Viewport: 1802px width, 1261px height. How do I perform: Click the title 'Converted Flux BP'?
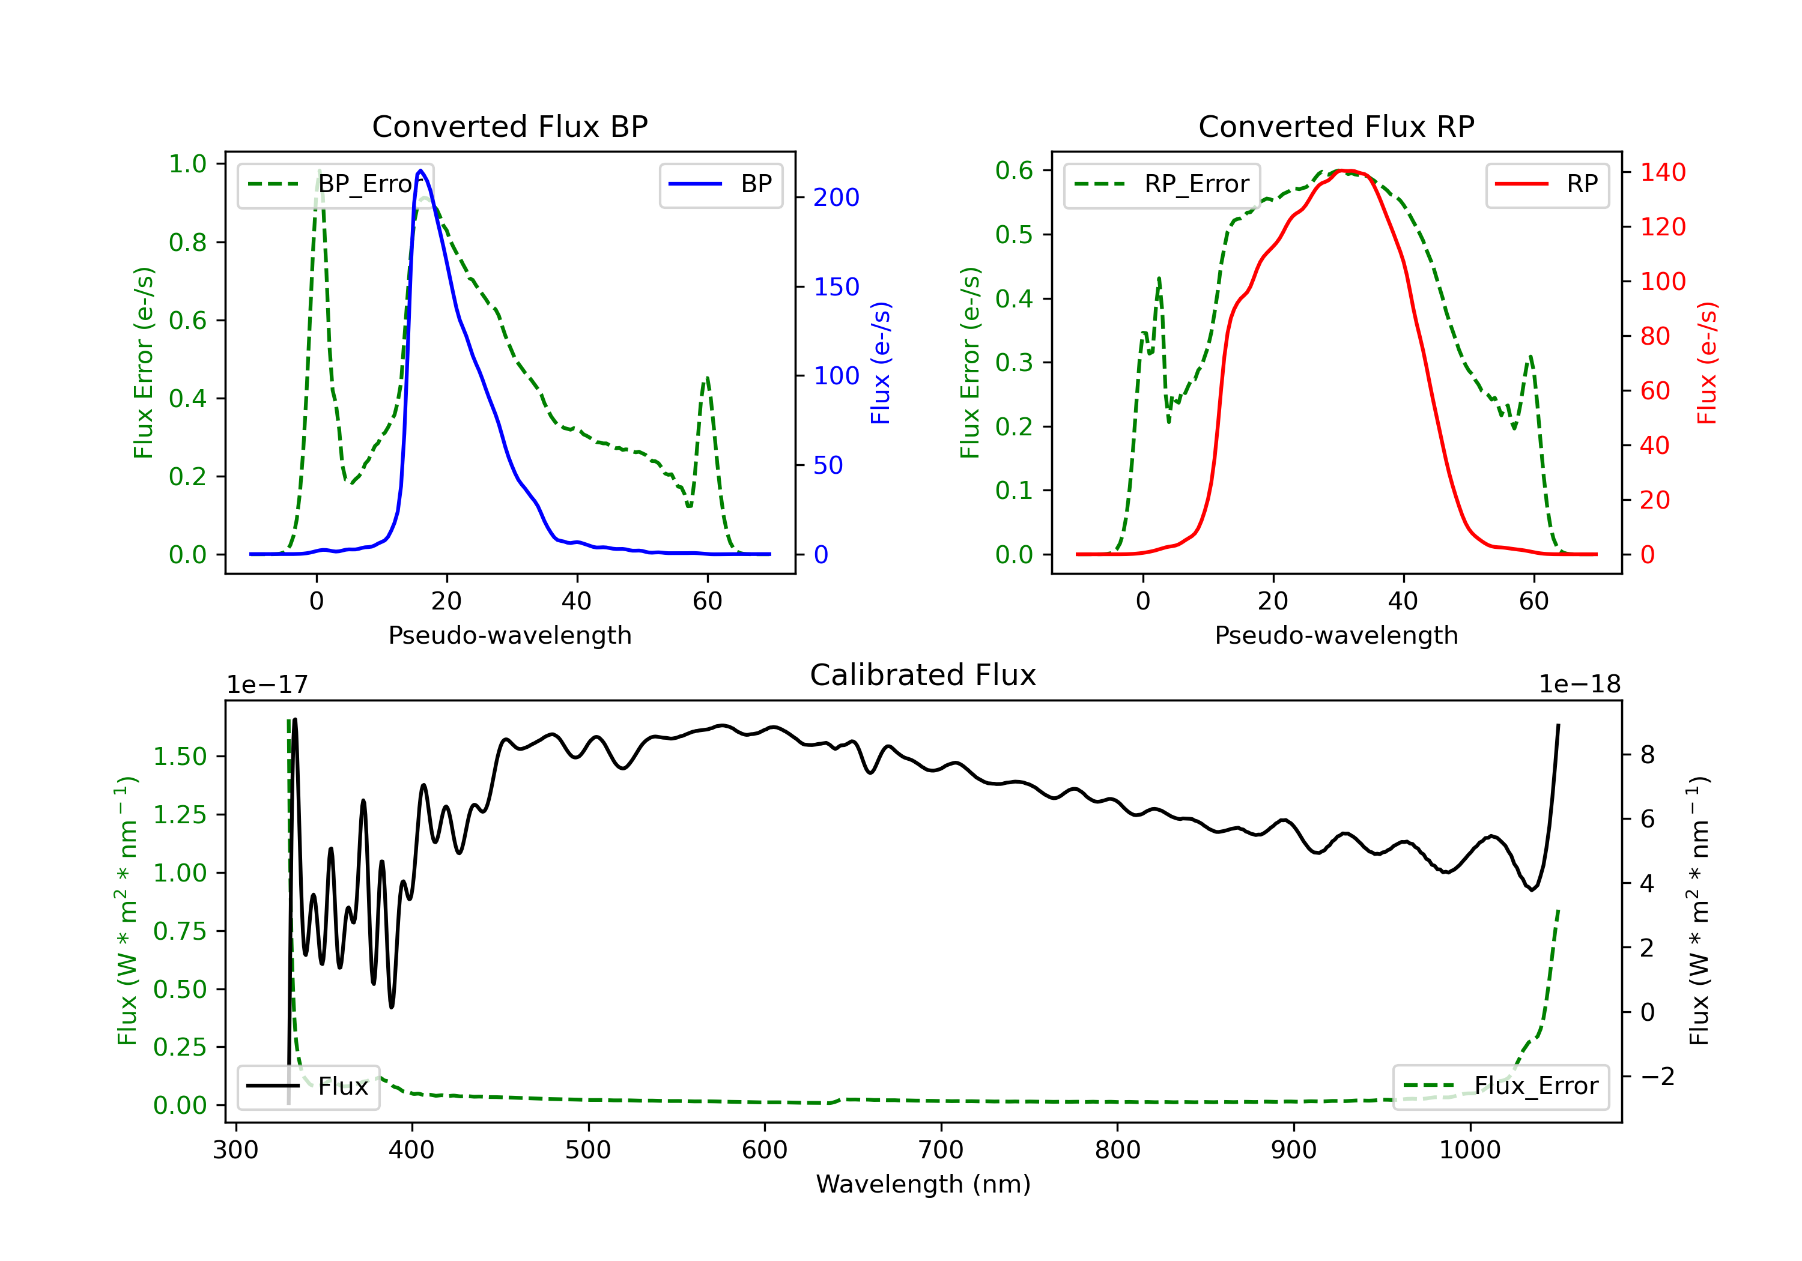pyautogui.click(x=509, y=126)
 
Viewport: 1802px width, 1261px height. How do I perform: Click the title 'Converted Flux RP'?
pyautogui.click(x=1336, y=126)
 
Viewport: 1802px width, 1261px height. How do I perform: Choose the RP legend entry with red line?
pyautogui.click(x=1547, y=184)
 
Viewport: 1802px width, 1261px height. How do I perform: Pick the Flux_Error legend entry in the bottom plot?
pyautogui.click(x=1500, y=1086)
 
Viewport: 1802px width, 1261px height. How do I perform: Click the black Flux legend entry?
pyautogui.click(x=309, y=1086)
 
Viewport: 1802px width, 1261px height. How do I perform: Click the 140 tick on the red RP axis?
pyautogui.click(x=1662, y=172)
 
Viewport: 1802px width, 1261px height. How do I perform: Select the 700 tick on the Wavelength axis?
pyautogui.click(x=940, y=1151)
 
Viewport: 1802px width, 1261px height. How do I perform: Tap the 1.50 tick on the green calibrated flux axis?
pyautogui.click(x=179, y=757)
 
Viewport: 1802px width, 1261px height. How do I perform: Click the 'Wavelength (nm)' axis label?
pyautogui.click(x=923, y=1184)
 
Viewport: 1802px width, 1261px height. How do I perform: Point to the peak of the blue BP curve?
pyautogui.click(x=420, y=171)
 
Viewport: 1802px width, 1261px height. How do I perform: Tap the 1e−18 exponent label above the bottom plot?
pyautogui.click(x=1579, y=685)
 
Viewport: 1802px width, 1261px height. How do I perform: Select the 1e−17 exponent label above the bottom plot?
pyautogui.click(x=267, y=685)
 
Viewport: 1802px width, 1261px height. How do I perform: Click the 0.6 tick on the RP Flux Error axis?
pyautogui.click(x=1013, y=171)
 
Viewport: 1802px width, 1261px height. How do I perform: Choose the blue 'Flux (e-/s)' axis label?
pyautogui.click(x=881, y=363)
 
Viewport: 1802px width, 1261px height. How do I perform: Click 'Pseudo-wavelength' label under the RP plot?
pyautogui.click(x=1336, y=635)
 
